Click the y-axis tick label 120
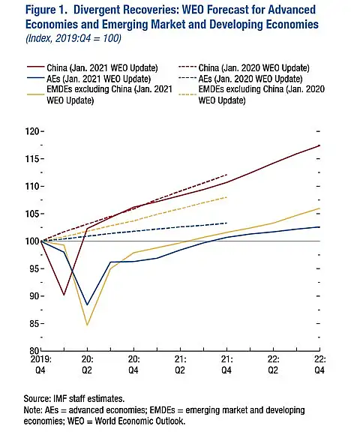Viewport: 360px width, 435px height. pos(32,131)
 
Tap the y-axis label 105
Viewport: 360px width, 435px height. pos(32,214)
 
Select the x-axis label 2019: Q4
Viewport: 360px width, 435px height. pos(40,364)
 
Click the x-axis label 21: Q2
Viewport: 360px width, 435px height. pos(180,364)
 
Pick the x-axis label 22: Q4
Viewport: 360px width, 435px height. pos(319,364)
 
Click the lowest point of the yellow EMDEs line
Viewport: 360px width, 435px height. pos(87,325)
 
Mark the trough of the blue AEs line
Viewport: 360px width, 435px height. pos(87,305)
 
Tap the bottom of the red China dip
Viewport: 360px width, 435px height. pos(64,295)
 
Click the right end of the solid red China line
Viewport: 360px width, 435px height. pos(319,145)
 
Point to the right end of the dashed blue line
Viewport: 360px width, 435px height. pos(227,223)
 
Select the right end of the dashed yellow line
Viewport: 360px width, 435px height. pos(227,197)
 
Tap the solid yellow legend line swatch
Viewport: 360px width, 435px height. pos(35,94)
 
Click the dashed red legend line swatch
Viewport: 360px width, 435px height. pos(187,67)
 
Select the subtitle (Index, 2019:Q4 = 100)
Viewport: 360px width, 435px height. pos(73,38)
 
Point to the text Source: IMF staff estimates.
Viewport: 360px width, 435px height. pos(74,399)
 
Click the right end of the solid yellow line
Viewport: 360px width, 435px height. pos(319,208)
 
